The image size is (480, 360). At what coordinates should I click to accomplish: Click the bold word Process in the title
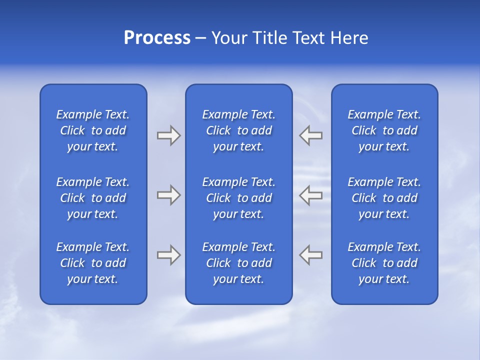[x=157, y=38]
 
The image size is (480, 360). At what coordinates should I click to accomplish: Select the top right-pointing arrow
[x=168, y=135]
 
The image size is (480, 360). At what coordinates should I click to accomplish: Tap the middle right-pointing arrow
[x=168, y=195]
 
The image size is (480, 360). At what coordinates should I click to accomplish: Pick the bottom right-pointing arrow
[x=168, y=255]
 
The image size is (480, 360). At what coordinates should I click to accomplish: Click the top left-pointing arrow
[x=310, y=135]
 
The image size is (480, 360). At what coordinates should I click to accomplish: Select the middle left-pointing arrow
[x=310, y=195]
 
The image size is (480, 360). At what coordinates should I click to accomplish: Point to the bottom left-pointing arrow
[x=310, y=255]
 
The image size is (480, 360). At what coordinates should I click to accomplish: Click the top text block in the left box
[x=93, y=130]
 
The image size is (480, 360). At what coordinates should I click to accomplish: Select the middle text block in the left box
[x=93, y=198]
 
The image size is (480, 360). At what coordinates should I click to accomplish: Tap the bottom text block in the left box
[x=93, y=263]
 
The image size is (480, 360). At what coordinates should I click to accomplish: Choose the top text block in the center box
[x=238, y=130]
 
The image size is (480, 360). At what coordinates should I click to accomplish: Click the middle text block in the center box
[x=238, y=198]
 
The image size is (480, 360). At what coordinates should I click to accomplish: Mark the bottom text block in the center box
[x=238, y=263]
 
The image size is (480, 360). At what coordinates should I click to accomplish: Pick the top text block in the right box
[x=384, y=130]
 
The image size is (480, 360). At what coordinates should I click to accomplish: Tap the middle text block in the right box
[x=384, y=198]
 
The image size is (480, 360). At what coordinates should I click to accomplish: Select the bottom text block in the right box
[x=384, y=263]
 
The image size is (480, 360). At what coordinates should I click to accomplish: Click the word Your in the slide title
[x=227, y=38]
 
